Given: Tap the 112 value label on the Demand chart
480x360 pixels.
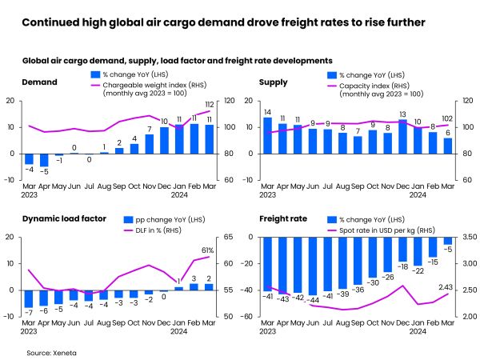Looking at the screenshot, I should pyautogui.click(x=209, y=105).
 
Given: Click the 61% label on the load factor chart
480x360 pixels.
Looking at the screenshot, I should pyautogui.click(x=207, y=249).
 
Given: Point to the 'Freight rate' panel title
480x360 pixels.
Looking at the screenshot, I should pyautogui.click(x=282, y=218).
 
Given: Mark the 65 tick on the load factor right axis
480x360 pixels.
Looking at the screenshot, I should pyautogui.click(x=227, y=238).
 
